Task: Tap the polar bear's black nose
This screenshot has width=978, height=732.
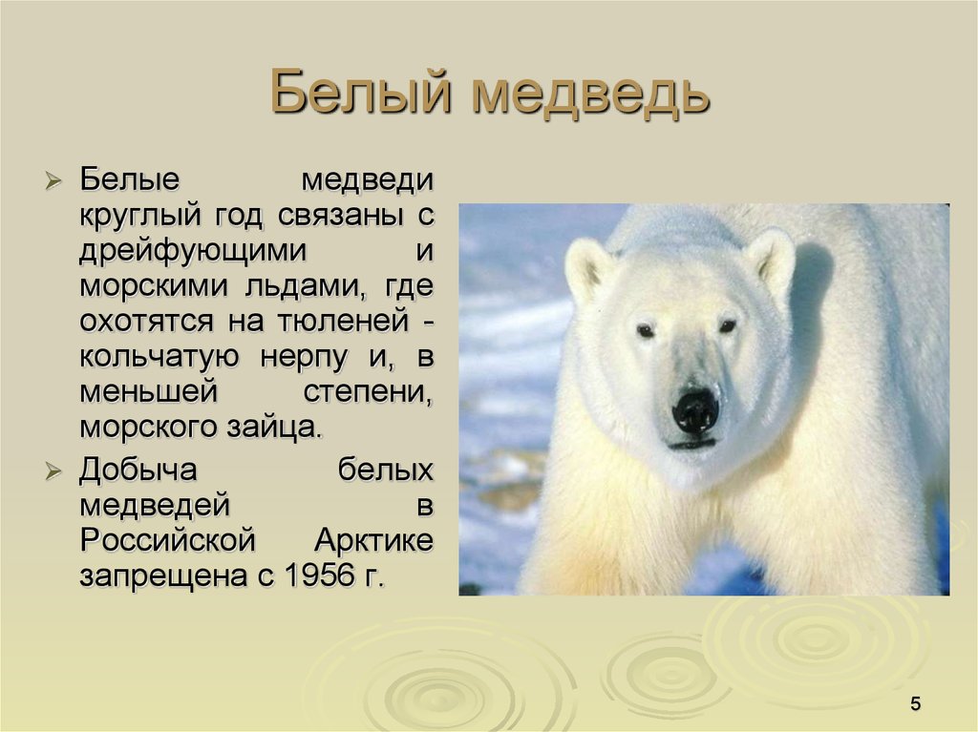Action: coord(695,410)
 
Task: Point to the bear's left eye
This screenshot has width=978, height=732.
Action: coord(647,330)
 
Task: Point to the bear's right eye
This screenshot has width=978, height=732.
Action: coord(728,326)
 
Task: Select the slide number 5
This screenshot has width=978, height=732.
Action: coord(916,704)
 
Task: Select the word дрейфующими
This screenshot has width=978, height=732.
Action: coord(194,251)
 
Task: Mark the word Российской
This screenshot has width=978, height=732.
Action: coord(168,540)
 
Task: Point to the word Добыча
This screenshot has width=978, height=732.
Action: coord(138,469)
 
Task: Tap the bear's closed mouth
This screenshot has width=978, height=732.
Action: coord(692,444)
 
